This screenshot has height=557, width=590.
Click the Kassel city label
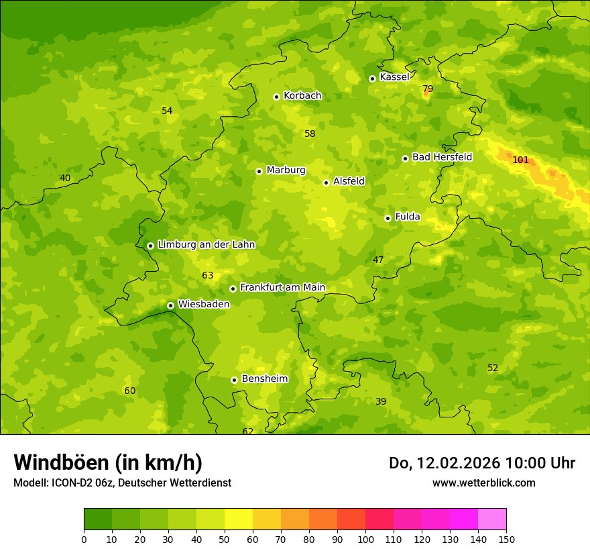(x=394, y=77)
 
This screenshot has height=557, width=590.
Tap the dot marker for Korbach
(x=276, y=97)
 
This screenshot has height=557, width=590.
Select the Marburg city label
(x=286, y=170)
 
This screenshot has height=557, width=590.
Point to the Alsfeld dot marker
(x=326, y=183)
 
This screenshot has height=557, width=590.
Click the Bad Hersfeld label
(x=442, y=157)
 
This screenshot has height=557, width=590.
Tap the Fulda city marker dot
(x=388, y=218)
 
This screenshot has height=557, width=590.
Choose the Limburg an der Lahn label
(x=206, y=245)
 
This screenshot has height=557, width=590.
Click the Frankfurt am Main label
(x=282, y=288)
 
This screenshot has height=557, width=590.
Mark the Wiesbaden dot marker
(x=170, y=305)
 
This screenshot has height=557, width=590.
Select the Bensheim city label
(x=264, y=379)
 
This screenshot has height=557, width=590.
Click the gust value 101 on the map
(x=520, y=160)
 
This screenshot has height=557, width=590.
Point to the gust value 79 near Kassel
(x=428, y=89)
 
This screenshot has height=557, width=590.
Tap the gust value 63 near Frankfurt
(x=207, y=276)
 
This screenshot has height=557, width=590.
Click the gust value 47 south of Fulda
(x=378, y=260)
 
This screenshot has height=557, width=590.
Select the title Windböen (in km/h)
(x=108, y=462)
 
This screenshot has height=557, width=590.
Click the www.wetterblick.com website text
(x=483, y=483)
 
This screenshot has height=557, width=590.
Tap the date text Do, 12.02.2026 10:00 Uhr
(x=481, y=463)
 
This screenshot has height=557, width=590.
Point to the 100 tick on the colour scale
(x=365, y=539)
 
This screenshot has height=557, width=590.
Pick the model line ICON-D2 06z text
(x=122, y=483)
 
